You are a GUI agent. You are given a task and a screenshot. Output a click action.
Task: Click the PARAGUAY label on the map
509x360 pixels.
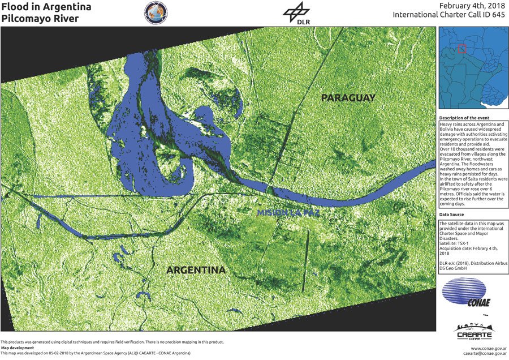tap(348, 98)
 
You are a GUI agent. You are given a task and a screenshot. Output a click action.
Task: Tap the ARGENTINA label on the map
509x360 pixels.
tap(196, 271)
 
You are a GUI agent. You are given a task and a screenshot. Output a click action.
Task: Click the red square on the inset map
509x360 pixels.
tap(462, 49)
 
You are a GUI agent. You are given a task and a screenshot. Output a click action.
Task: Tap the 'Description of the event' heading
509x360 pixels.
tap(465, 118)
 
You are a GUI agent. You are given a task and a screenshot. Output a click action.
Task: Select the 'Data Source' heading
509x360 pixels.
tap(452, 215)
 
